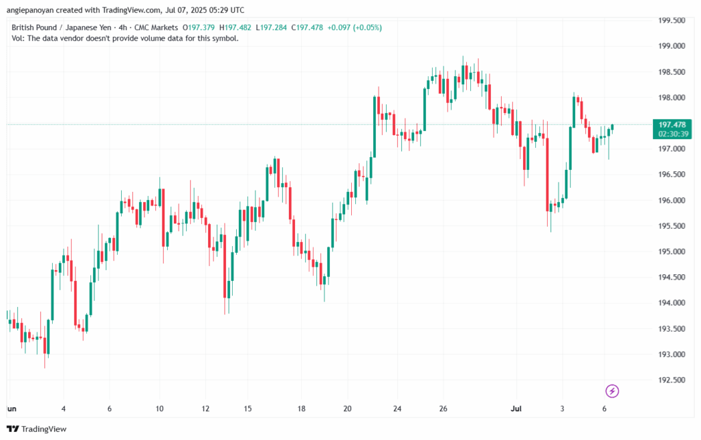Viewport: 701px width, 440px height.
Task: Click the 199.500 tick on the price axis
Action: [x=672, y=21]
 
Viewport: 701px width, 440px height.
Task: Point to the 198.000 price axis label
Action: [x=672, y=97]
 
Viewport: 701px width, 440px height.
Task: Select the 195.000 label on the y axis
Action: [x=672, y=252]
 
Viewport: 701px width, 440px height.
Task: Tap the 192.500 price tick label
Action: [x=672, y=380]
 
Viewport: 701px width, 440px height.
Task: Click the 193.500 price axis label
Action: [x=672, y=329]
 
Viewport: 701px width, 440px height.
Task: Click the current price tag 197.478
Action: [x=672, y=125]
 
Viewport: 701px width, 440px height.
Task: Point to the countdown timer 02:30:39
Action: [x=672, y=134]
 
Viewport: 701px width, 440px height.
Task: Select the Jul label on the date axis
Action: [x=518, y=408]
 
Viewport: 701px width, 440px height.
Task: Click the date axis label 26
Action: [x=443, y=408]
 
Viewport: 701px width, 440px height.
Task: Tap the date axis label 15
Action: [x=248, y=408]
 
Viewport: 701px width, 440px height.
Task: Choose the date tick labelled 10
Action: [x=160, y=408]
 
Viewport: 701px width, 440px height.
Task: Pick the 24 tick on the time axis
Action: [x=397, y=408]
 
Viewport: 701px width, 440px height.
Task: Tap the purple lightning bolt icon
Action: [x=613, y=391]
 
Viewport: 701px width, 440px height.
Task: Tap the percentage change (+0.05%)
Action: [x=365, y=27]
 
